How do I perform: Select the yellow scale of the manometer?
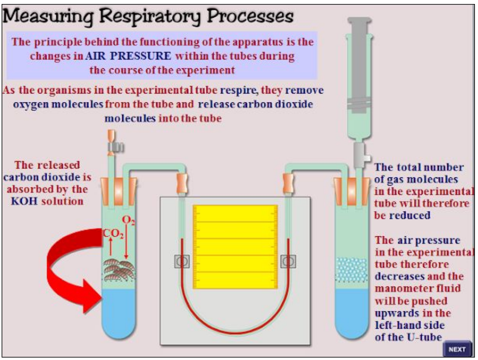(x=235, y=248)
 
